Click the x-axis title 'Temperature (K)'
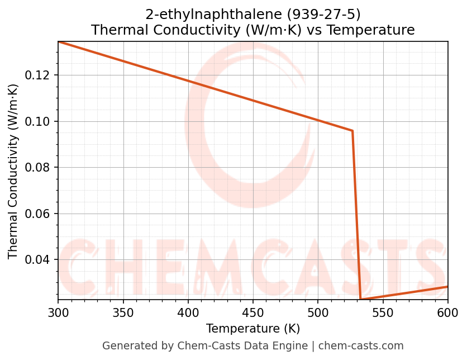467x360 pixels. tap(253, 328)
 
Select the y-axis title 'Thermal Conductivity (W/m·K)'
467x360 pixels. tap(13, 171)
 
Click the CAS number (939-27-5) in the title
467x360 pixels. tap(323, 15)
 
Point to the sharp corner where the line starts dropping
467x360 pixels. tap(352, 131)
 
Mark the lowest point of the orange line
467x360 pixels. tap(360, 300)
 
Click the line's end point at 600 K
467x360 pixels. tap(447, 287)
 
